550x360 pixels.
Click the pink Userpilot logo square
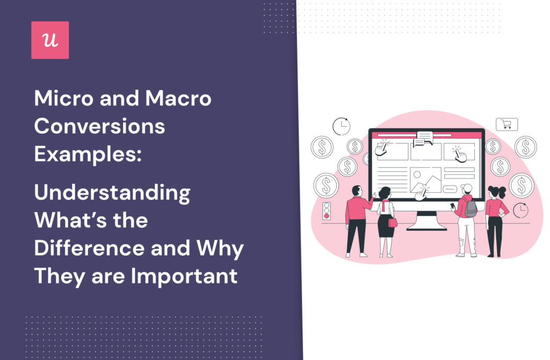click(50, 40)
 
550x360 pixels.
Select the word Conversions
click(99, 127)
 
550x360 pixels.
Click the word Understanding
click(112, 193)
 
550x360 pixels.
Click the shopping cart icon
click(506, 125)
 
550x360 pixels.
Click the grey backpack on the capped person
click(471, 207)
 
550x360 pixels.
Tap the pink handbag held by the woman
click(393, 222)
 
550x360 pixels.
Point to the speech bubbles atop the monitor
click(424, 138)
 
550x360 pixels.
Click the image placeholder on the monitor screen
click(425, 179)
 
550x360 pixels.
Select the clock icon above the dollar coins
click(341, 126)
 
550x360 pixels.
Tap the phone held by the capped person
click(453, 206)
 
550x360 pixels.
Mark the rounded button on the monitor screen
click(450, 189)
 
